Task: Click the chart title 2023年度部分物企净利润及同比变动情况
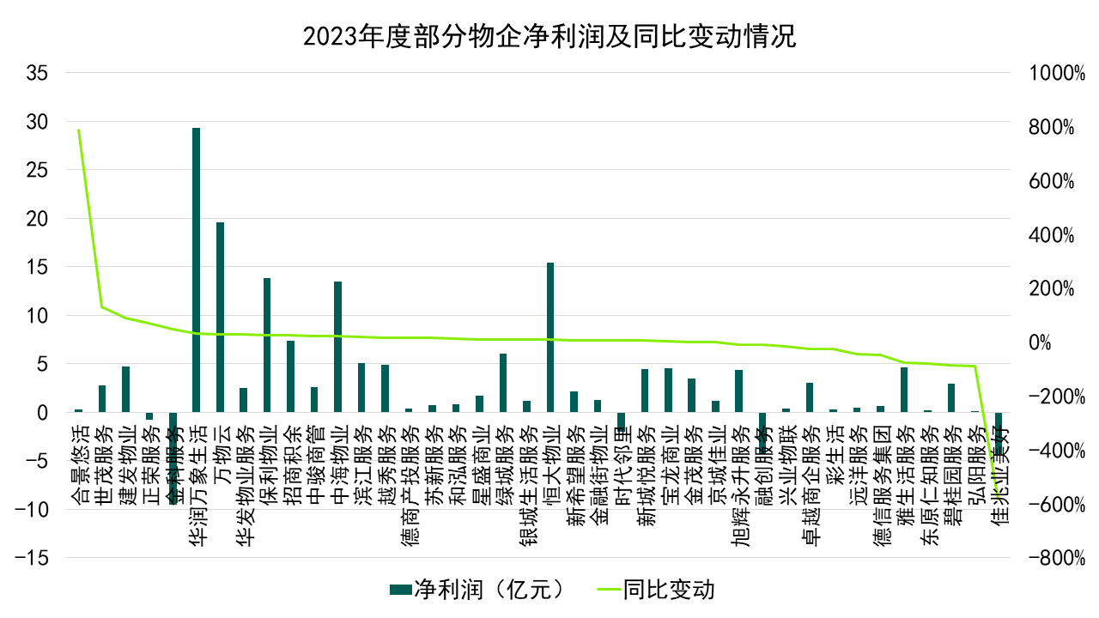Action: click(549, 37)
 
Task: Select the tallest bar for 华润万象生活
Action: click(196, 270)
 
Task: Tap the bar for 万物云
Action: click(220, 318)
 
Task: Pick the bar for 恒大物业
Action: click(550, 337)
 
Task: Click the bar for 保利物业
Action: click(267, 345)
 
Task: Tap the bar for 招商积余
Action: click(290, 377)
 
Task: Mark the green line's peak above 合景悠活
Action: click(78, 130)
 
